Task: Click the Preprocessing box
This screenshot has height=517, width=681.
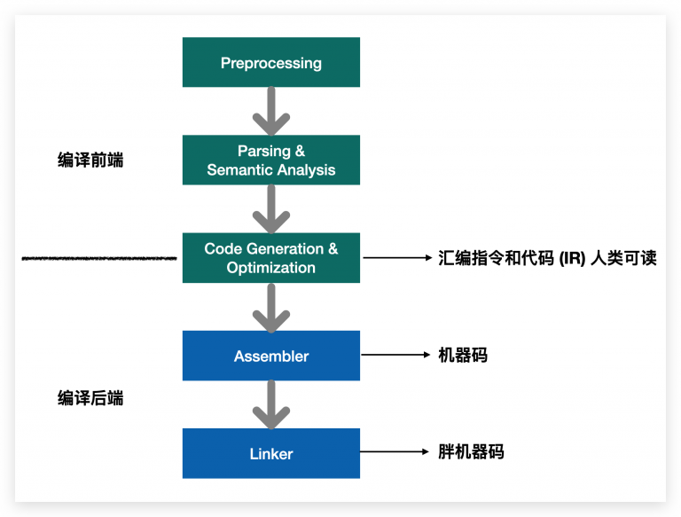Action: [x=271, y=62]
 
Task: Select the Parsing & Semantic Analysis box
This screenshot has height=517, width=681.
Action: [x=271, y=160]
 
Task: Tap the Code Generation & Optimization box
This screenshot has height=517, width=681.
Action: [x=271, y=258]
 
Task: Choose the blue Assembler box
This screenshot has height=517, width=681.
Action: [x=271, y=356]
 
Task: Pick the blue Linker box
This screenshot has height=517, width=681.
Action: [x=271, y=453]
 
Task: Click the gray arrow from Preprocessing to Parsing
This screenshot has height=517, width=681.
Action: [x=271, y=111]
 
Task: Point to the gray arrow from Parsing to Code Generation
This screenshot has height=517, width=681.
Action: [x=271, y=209]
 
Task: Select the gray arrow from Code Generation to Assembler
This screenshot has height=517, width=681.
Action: [x=271, y=308]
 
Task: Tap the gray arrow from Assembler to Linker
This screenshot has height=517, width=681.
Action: [x=271, y=404]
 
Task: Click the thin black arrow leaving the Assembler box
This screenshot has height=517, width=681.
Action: [x=395, y=355]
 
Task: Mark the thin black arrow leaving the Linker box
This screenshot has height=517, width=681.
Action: [x=395, y=452]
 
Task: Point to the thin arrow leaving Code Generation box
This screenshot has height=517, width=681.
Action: [x=397, y=258]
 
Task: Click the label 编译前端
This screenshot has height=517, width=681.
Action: [x=90, y=160]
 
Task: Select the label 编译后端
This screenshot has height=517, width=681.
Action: [x=90, y=398]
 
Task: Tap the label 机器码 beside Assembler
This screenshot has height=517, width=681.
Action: [x=463, y=355]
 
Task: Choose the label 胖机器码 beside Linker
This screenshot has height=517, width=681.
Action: [x=471, y=452]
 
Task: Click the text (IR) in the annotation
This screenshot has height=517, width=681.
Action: [x=572, y=258]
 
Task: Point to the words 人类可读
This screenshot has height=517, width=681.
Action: [x=623, y=258]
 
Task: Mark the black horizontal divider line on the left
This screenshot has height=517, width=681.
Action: [x=99, y=259]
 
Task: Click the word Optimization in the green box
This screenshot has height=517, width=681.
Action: [x=271, y=268]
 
